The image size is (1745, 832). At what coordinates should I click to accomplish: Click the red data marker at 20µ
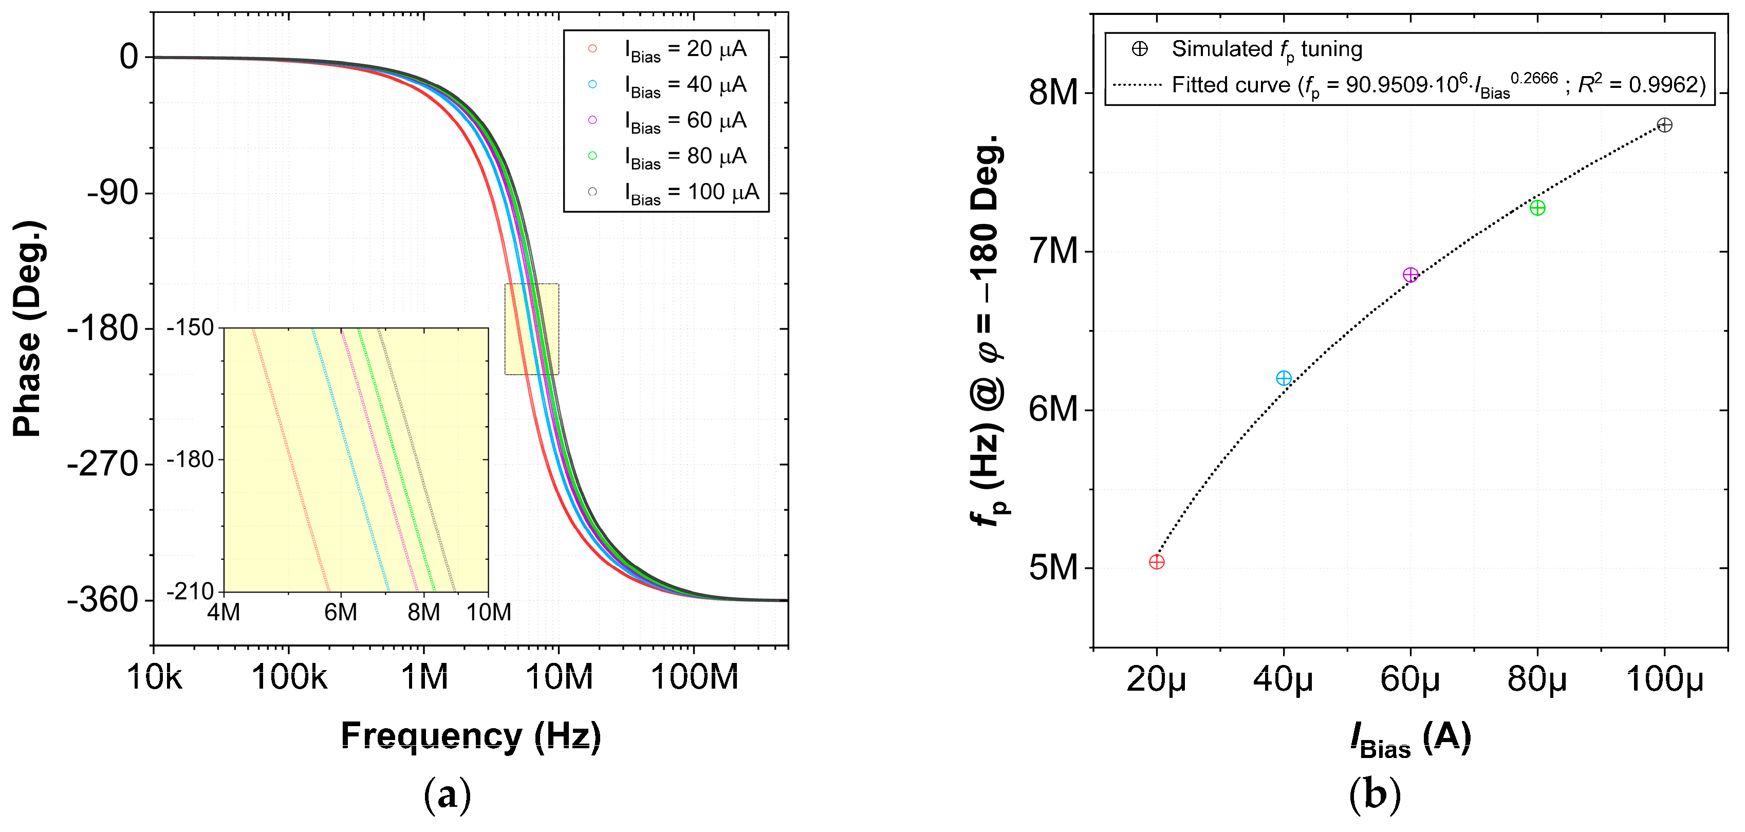(x=1156, y=562)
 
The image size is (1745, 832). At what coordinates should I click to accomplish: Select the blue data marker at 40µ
(x=1283, y=378)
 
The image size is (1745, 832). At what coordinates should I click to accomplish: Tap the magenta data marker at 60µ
(x=1410, y=274)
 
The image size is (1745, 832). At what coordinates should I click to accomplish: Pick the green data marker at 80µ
(x=1537, y=207)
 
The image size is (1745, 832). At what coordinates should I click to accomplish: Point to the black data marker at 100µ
(x=1664, y=125)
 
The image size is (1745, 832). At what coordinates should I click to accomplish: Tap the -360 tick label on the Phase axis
(x=103, y=600)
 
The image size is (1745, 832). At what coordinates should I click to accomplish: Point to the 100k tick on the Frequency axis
(x=289, y=677)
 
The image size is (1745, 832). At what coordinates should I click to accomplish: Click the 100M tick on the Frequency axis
(x=694, y=677)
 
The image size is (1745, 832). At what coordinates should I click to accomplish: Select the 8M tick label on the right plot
(x=1053, y=93)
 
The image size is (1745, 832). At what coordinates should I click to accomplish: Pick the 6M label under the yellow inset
(x=340, y=613)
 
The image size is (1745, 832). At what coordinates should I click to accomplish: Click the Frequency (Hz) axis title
(x=471, y=736)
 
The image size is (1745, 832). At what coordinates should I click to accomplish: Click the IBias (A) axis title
(x=1410, y=738)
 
